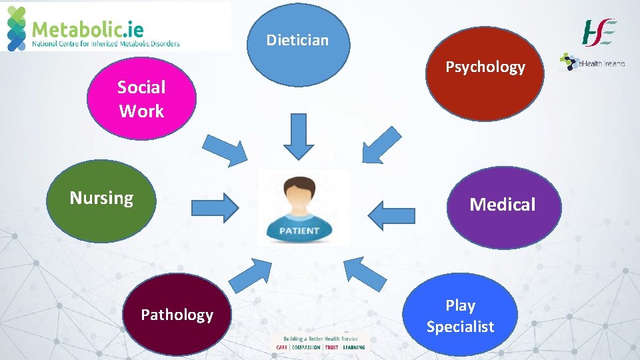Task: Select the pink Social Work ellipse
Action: click(141, 99)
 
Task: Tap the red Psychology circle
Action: click(485, 73)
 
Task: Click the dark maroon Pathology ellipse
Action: click(177, 314)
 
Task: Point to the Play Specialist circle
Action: click(460, 315)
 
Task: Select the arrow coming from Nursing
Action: click(215, 207)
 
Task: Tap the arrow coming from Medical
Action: click(391, 215)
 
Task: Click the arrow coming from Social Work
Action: click(225, 149)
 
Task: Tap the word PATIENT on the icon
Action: click(299, 231)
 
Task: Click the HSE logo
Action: click(599, 32)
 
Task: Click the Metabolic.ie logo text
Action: click(88, 29)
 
